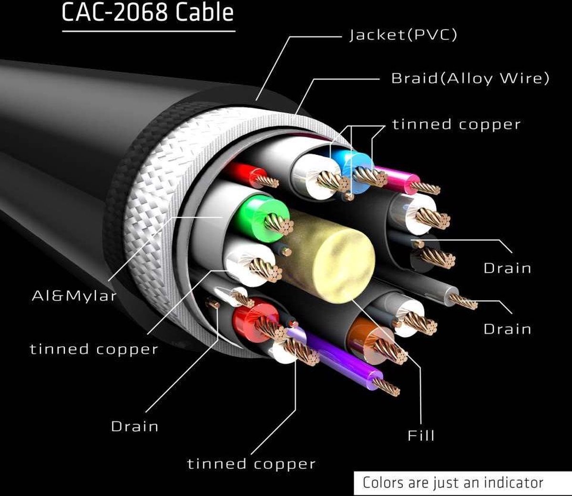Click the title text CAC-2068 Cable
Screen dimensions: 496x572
point(148,13)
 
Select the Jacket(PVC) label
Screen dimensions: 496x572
point(403,35)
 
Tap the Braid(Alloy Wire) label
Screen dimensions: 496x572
point(470,78)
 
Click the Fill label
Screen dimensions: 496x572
point(421,435)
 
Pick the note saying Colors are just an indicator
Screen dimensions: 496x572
point(453,482)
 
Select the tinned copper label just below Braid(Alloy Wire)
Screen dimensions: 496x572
point(457,124)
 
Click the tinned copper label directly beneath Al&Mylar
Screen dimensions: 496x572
point(94,349)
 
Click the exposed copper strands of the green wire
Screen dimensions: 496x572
point(279,224)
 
